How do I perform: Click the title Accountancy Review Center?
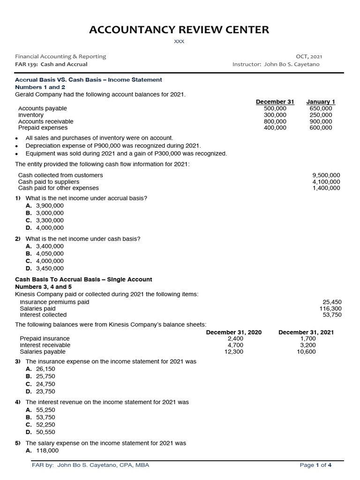pyautogui.click(x=180, y=30)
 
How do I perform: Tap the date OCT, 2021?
pyautogui.click(x=309, y=57)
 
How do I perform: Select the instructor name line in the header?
pyautogui.click(x=276, y=64)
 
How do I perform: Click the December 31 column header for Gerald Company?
pyautogui.click(x=275, y=102)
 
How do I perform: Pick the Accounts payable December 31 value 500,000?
pyautogui.click(x=275, y=108)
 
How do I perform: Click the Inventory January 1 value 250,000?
pyautogui.click(x=321, y=115)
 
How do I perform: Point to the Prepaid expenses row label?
pyautogui.click(x=43, y=127)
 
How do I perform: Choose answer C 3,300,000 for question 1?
pyautogui.click(x=49, y=220)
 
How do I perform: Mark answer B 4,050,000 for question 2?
pyautogui.click(x=49, y=254)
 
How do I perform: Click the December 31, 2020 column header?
pyautogui.click(x=234, y=332)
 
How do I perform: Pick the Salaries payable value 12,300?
pyautogui.click(x=234, y=352)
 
